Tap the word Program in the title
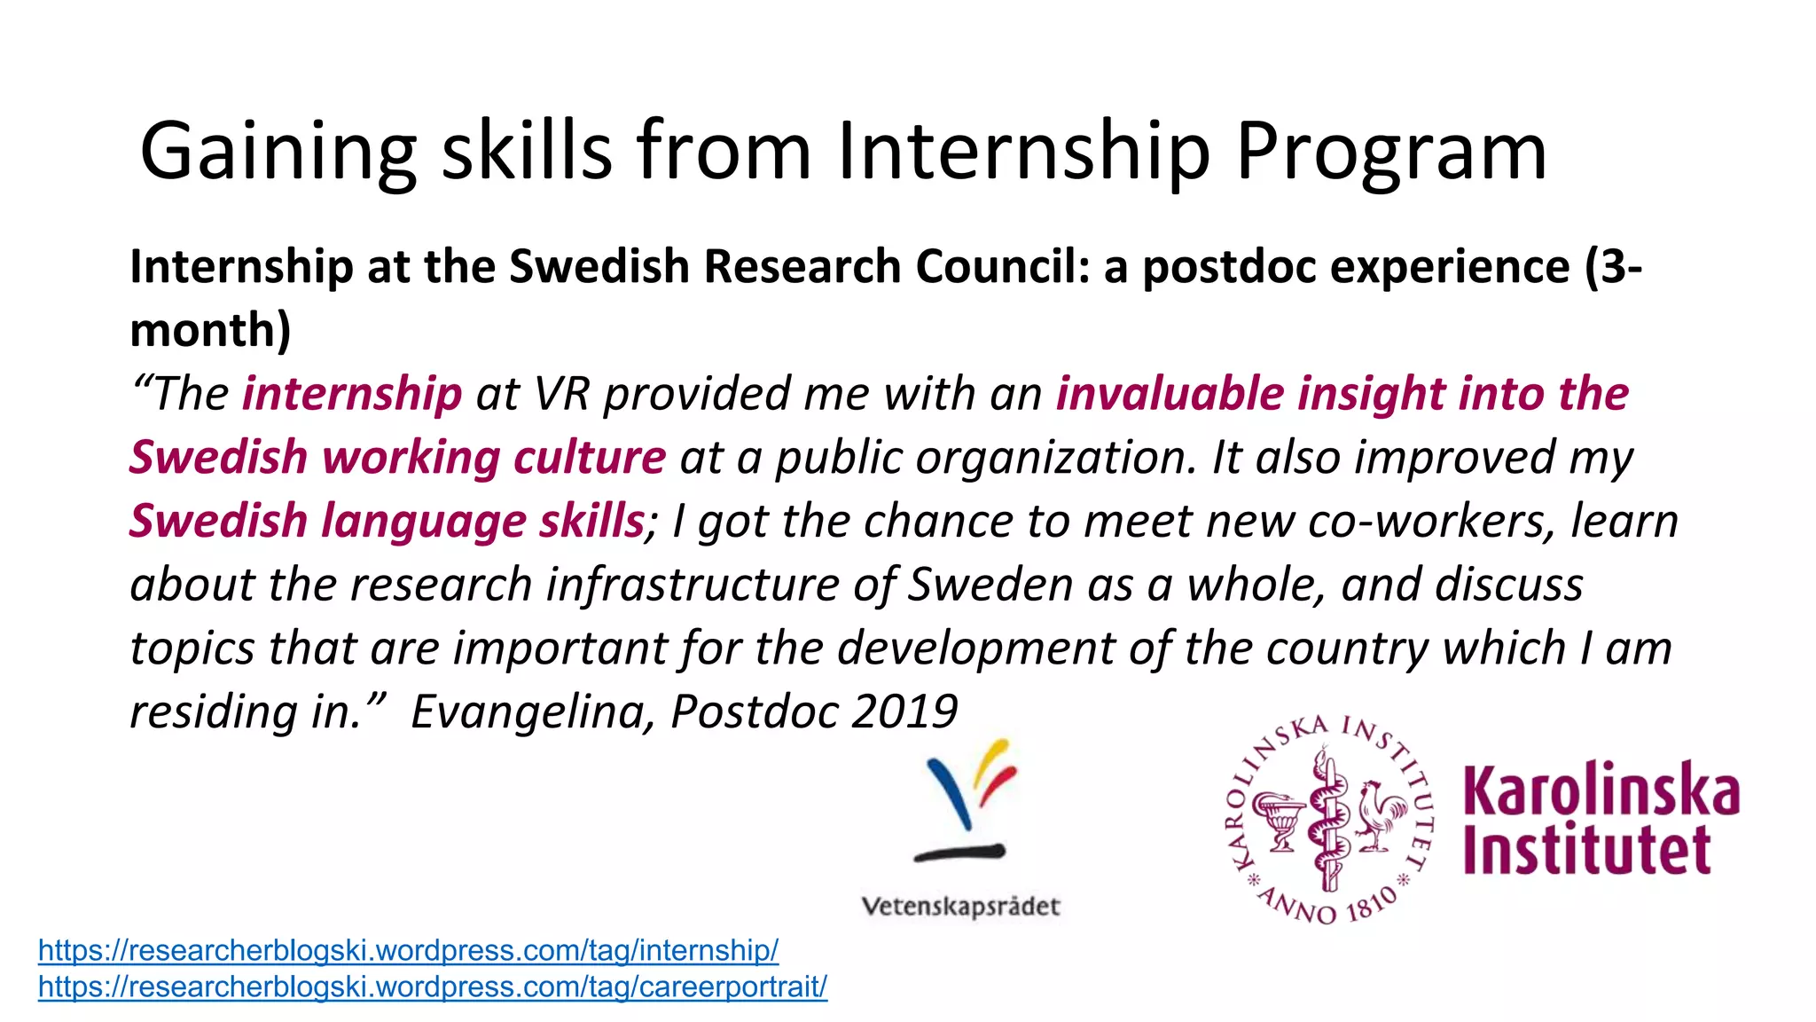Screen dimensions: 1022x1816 coord(1390,153)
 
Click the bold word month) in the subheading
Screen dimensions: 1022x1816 coord(210,330)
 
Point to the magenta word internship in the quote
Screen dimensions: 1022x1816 coord(352,394)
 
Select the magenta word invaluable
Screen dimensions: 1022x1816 coord(1170,394)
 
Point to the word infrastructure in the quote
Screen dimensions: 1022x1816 coord(693,585)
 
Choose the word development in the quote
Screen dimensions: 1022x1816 coord(975,648)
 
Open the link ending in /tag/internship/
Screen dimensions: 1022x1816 coord(408,950)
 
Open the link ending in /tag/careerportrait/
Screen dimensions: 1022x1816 coord(433,987)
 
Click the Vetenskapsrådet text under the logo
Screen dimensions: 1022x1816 coord(961,907)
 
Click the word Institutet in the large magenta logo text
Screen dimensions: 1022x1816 coord(1586,850)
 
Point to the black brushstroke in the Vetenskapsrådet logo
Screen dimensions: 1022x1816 coord(959,853)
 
